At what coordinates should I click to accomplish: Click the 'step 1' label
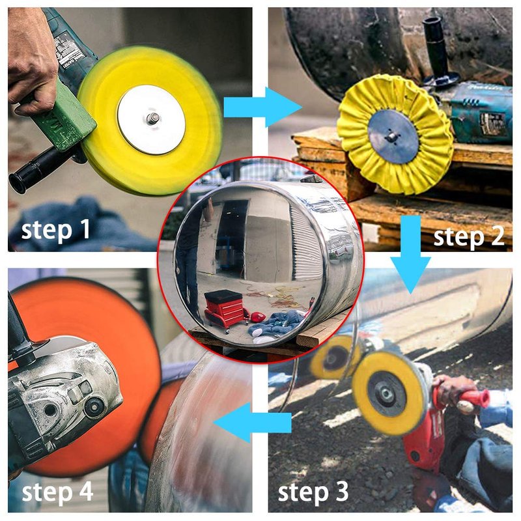(x=55, y=230)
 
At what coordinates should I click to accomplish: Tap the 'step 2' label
(x=469, y=237)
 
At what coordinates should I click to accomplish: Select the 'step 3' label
(x=313, y=492)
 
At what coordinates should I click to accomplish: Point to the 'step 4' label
(x=57, y=492)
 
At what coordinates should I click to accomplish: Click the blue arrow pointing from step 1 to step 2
(x=262, y=107)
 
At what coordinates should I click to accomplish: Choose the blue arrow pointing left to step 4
(x=253, y=423)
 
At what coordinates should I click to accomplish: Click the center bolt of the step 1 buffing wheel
(x=153, y=117)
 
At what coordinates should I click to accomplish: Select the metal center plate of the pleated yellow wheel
(x=393, y=136)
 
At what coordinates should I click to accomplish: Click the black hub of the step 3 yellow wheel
(x=387, y=394)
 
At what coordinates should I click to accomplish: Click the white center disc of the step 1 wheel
(x=151, y=119)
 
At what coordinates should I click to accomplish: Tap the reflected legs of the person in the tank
(x=187, y=266)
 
